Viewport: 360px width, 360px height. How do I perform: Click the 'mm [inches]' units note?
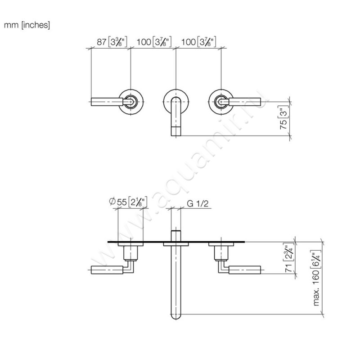pyautogui.click(x=27, y=25)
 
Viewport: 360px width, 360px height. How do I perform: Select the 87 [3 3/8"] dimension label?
pyautogui.click(x=111, y=42)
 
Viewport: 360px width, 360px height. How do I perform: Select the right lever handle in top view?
pyautogui.click(x=245, y=103)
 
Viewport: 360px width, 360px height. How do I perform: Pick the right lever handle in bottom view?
pyautogui.click(x=246, y=270)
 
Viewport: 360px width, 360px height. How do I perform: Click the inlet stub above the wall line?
pyautogui.click(x=176, y=236)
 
